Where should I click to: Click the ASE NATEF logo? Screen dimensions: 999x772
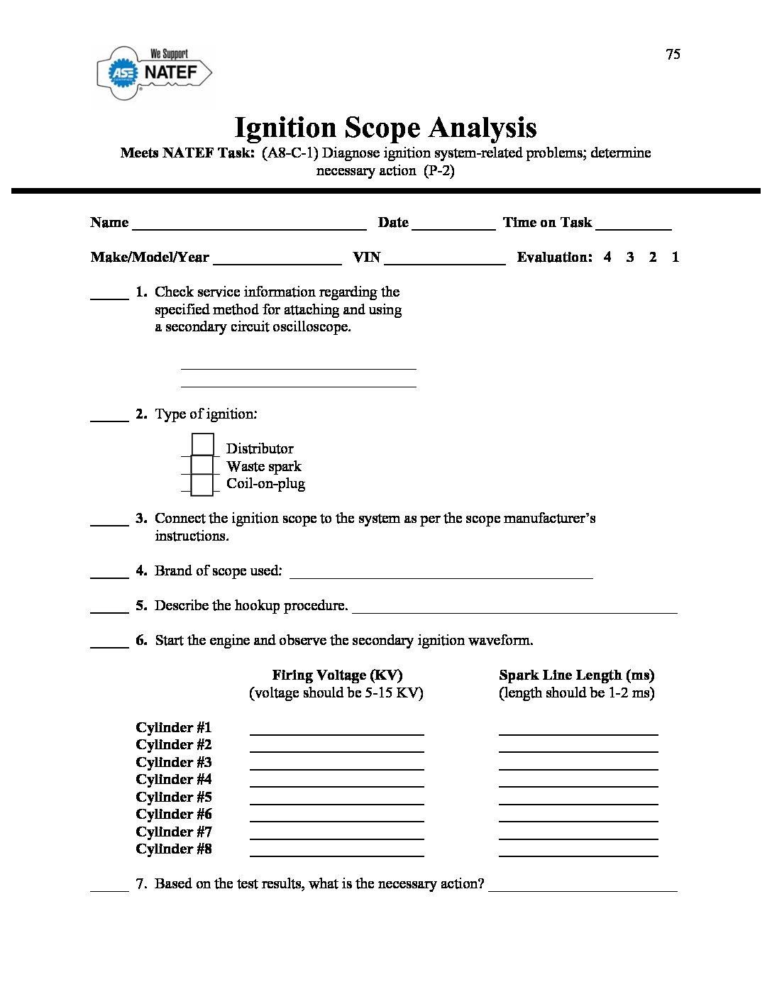(154, 72)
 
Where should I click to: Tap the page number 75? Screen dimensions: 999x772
(673, 55)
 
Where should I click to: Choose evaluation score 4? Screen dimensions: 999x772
(607, 257)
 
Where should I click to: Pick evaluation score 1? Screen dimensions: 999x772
(675, 257)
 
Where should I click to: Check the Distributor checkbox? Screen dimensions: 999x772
(202, 445)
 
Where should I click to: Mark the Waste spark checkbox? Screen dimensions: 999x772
(202, 465)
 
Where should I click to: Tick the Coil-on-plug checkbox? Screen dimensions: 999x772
(202, 484)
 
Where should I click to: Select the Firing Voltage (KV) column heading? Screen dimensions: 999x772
(337, 675)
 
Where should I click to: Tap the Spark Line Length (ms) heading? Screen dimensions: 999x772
(576, 675)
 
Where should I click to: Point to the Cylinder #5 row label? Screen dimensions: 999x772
(174, 797)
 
